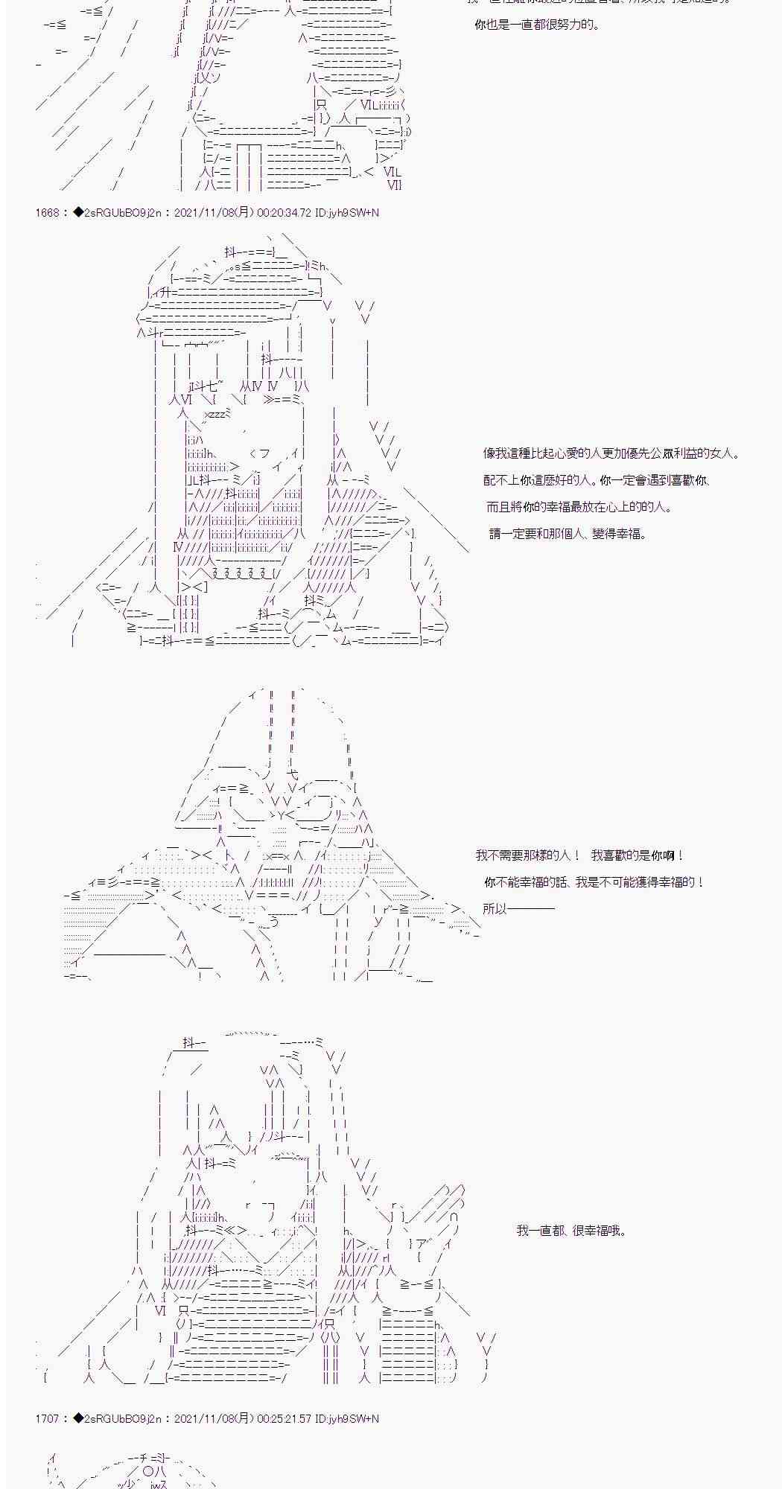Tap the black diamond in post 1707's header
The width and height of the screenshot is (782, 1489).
coord(80,1419)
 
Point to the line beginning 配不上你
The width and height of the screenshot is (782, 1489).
coord(597,481)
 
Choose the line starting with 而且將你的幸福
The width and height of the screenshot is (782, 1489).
coord(579,507)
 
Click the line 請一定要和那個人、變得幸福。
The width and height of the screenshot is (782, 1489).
coord(568,534)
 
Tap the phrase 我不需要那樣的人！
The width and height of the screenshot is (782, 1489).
coord(527,856)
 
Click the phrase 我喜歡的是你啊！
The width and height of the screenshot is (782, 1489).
coord(638,856)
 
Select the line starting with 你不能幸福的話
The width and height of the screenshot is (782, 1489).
coord(594,882)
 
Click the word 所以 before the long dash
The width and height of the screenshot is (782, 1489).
coord(495,908)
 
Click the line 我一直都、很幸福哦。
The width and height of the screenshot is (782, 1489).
coord(571,1231)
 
